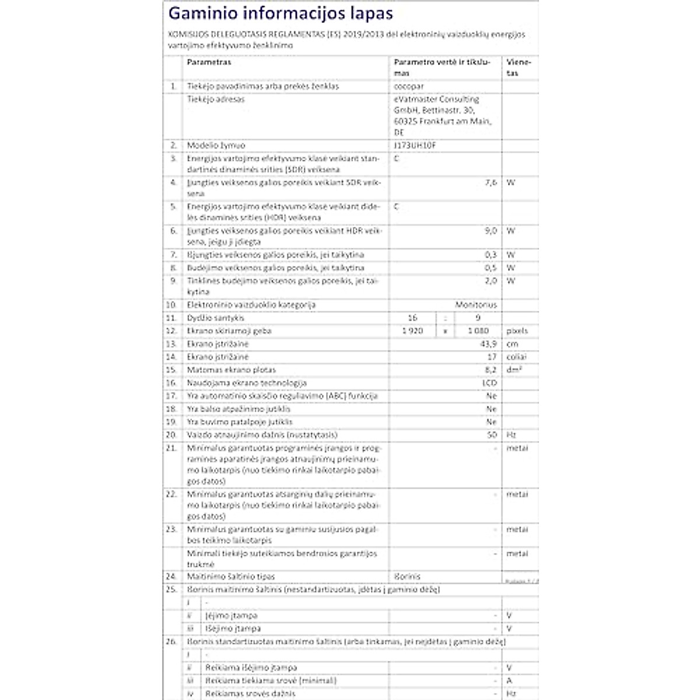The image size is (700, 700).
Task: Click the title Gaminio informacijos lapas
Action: coord(281,13)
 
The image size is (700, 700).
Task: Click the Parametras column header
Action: coord(209,62)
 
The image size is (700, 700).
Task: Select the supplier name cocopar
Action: coord(409,86)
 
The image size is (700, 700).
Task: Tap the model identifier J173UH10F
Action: coord(415,145)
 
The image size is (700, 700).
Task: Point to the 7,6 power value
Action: coord(491,183)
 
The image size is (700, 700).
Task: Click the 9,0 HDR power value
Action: coord(491,231)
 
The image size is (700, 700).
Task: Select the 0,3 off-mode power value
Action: coord(491,255)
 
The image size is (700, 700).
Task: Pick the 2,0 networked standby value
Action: coord(491,281)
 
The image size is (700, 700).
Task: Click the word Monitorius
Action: coord(476,304)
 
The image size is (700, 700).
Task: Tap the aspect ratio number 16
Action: coord(412,318)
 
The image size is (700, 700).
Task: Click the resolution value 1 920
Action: coord(412,331)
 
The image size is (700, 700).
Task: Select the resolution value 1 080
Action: coord(478,331)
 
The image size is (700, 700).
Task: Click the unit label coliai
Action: coord(516,357)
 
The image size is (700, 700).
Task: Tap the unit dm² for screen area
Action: coord(514,370)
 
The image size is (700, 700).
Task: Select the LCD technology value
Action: coord(490,383)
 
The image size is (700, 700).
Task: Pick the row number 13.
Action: coord(171,344)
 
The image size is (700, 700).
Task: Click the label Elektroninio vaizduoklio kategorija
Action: coord(251,304)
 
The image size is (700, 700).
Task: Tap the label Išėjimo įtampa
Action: coord(233,629)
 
